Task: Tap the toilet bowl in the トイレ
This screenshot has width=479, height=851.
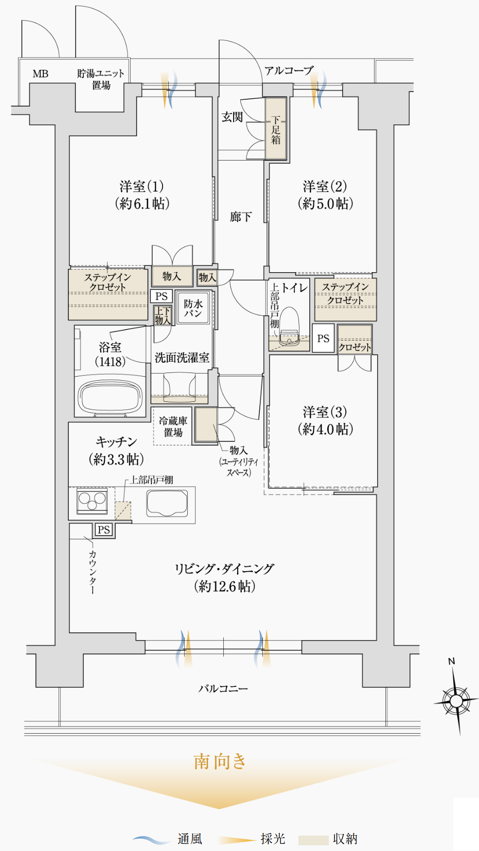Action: [289, 326]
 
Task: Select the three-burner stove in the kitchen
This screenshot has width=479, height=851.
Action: [92, 501]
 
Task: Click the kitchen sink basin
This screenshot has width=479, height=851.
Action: [167, 503]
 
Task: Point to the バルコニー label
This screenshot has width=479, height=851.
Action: [223, 688]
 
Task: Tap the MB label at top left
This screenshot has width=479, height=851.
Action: [41, 74]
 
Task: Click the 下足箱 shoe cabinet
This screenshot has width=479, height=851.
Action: [276, 129]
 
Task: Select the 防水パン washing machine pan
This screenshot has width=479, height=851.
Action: [193, 308]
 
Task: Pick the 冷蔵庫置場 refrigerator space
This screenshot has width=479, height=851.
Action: [173, 426]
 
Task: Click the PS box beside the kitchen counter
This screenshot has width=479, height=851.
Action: [104, 529]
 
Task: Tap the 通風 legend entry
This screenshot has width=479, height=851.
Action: [189, 839]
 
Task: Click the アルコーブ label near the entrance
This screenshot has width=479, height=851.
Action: [289, 70]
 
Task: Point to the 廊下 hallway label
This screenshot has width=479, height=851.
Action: [240, 217]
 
